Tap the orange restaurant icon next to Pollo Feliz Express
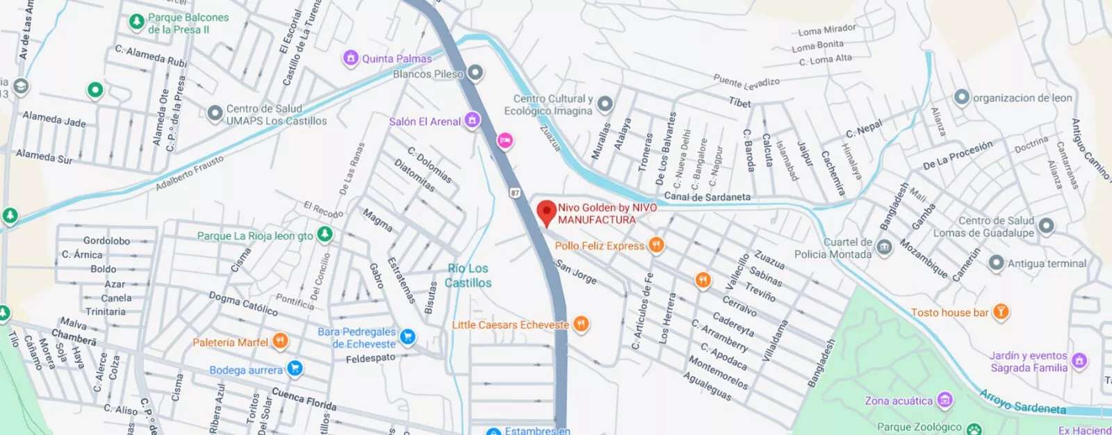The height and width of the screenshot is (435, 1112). point(655,245)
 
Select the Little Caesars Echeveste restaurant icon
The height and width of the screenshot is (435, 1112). point(581,324)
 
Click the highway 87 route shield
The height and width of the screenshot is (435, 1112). point(515,192)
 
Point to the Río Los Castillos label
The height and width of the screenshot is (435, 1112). point(468,275)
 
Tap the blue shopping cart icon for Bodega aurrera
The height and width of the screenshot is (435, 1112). point(295,368)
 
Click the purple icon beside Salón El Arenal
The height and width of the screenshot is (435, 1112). point(472,121)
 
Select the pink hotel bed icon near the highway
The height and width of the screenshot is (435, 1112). point(505,141)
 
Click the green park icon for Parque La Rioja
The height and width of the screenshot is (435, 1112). point(325,235)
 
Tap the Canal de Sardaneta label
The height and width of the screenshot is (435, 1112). point(707,197)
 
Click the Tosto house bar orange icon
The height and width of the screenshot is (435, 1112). point(1000,311)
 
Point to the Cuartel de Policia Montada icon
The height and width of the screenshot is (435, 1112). point(884,247)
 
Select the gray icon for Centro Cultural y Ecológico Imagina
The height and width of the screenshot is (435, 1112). point(605,104)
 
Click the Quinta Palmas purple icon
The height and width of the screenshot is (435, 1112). point(351,58)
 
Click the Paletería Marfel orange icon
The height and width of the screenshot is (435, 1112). point(280,340)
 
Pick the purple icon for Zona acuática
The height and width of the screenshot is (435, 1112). point(945,400)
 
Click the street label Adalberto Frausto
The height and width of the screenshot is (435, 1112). point(189,173)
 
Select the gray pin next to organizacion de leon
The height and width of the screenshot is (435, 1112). point(961,97)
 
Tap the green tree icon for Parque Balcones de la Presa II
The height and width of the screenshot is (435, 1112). point(137,22)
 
